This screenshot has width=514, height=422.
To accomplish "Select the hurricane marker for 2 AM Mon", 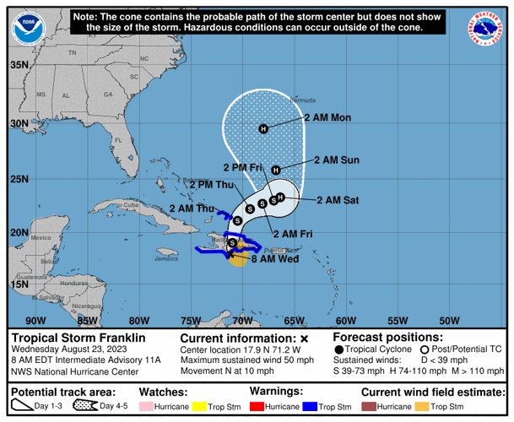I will point(263,128).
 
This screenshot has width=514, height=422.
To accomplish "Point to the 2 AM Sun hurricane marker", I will point(275,170).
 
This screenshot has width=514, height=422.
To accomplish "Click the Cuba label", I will point(131,205).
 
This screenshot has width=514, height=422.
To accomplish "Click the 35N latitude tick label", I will point(19,64).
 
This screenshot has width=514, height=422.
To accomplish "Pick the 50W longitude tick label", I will point(449,320).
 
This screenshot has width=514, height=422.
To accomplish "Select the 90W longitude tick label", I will point(35,320).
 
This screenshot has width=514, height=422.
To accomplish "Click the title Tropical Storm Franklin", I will point(78,337).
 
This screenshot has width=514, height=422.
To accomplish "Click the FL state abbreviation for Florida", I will point(118,139).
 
